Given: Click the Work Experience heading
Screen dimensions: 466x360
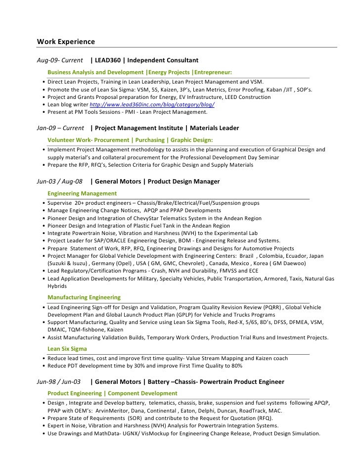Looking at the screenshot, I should point(66,41).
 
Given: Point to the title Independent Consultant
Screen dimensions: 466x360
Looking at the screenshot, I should point(163,60).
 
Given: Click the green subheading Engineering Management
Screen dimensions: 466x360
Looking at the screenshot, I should point(82,193).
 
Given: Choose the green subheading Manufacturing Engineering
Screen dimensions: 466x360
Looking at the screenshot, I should point(84,297).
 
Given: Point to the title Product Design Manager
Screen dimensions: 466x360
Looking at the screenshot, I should point(184,182).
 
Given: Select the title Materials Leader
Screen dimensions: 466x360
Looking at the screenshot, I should point(214,128).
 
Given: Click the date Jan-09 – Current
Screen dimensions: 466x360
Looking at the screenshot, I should point(60,128).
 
